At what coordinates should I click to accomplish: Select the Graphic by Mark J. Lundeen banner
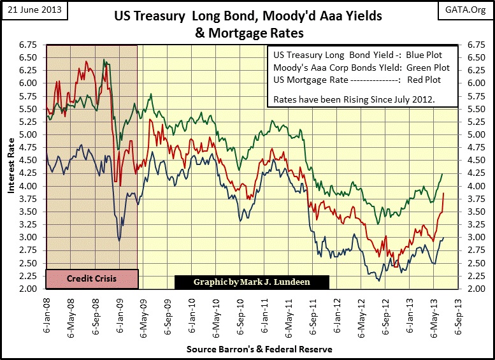click(252, 282)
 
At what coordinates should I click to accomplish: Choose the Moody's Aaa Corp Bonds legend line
click(361, 68)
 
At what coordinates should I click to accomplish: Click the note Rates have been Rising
click(355, 100)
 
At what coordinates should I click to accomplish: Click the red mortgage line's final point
click(443, 193)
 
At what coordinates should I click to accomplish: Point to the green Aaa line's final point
click(442, 174)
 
